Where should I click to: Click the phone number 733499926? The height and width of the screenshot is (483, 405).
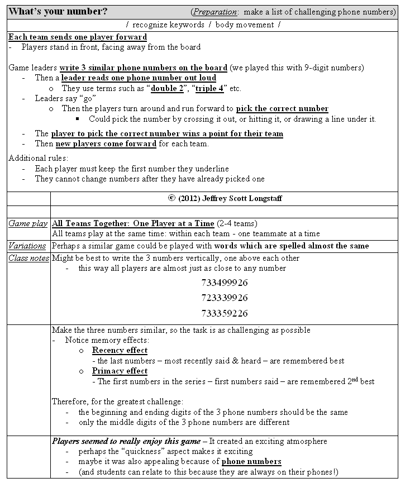point(224,283)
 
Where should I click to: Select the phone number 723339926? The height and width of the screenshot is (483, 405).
point(224,298)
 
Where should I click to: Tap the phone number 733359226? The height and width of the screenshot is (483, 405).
point(224,313)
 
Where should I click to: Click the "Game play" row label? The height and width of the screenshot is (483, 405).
point(27,224)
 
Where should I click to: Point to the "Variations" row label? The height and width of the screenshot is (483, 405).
point(27,246)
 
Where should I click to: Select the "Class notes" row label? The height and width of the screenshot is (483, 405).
point(28,258)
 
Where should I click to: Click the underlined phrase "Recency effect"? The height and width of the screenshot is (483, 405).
point(120,351)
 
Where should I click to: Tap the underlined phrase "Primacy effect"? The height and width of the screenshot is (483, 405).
point(120,371)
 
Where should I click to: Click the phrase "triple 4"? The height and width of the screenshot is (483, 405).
point(210,88)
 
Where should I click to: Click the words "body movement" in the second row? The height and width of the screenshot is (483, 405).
point(244,25)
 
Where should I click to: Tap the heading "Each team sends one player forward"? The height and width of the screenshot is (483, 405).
point(78,37)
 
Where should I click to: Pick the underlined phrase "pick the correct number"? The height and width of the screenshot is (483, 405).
point(282,109)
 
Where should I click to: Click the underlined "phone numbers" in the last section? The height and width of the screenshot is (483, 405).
point(251,462)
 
